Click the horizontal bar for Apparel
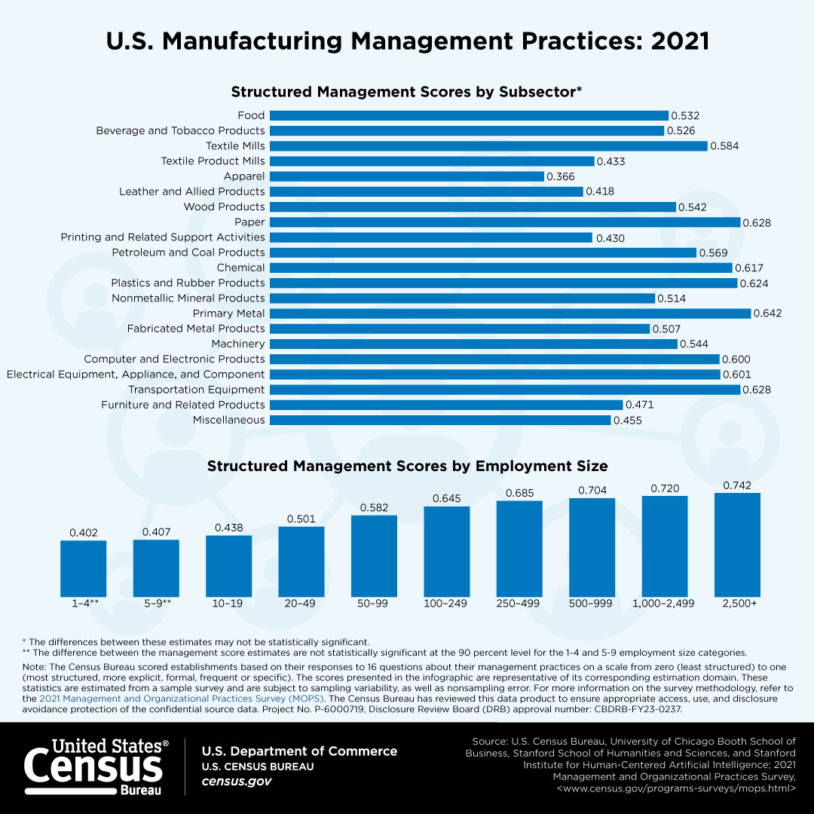coord(406,176)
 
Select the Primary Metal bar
coord(510,314)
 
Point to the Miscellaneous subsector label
coord(228,420)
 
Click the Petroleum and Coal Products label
coord(188,252)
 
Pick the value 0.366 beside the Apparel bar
coord(561,176)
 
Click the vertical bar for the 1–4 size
coord(83,567)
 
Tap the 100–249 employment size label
coord(447,604)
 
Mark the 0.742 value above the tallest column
coord(737,485)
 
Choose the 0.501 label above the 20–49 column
coord(301,519)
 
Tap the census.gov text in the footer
coord(236,782)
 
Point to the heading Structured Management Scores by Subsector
coord(406,92)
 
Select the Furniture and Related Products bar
coord(445,405)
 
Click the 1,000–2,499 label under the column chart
coord(664,604)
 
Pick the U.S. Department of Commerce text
coord(299,751)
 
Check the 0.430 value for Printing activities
coord(610,237)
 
